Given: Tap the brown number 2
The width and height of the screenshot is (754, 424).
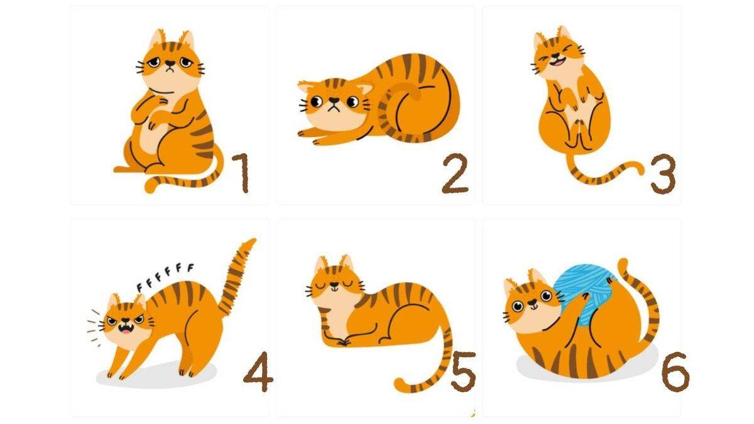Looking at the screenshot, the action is tap(455, 173).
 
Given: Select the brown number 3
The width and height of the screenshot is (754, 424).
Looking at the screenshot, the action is tap(663, 174).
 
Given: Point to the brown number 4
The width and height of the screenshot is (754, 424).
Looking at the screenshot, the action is tap(258, 371).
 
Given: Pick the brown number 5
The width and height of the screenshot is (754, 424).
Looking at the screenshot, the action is tap(464, 371).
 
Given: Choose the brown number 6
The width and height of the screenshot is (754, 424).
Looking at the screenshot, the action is tap(675, 371).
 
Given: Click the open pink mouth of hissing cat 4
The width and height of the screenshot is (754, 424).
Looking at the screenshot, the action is tap(125, 329).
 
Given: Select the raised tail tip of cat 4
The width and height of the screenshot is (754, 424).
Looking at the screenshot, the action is tap(252, 241).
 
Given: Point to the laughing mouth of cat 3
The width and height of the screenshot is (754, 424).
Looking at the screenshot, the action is tap(557, 62).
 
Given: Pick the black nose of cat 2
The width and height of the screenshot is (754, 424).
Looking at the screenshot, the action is tap(334, 100).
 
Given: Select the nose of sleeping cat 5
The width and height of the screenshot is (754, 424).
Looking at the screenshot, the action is tap(334, 285).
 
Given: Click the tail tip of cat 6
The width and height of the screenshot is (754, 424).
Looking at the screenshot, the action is tap(623, 263).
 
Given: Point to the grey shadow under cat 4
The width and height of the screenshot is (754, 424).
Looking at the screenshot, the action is tap(156, 376).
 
